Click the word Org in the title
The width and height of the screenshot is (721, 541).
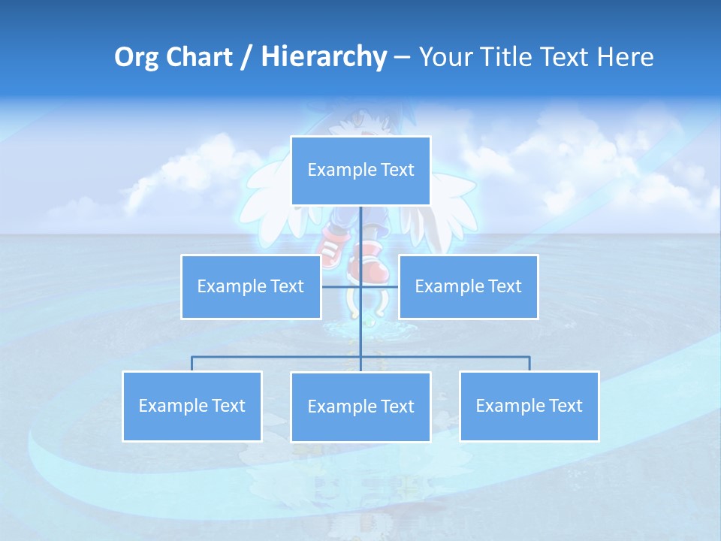[137, 57]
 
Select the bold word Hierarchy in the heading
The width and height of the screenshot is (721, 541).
[323, 57]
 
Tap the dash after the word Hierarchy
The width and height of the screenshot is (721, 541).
[401, 57]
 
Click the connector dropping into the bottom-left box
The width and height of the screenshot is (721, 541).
[192, 364]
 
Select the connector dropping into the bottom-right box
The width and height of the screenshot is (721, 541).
[529, 364]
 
